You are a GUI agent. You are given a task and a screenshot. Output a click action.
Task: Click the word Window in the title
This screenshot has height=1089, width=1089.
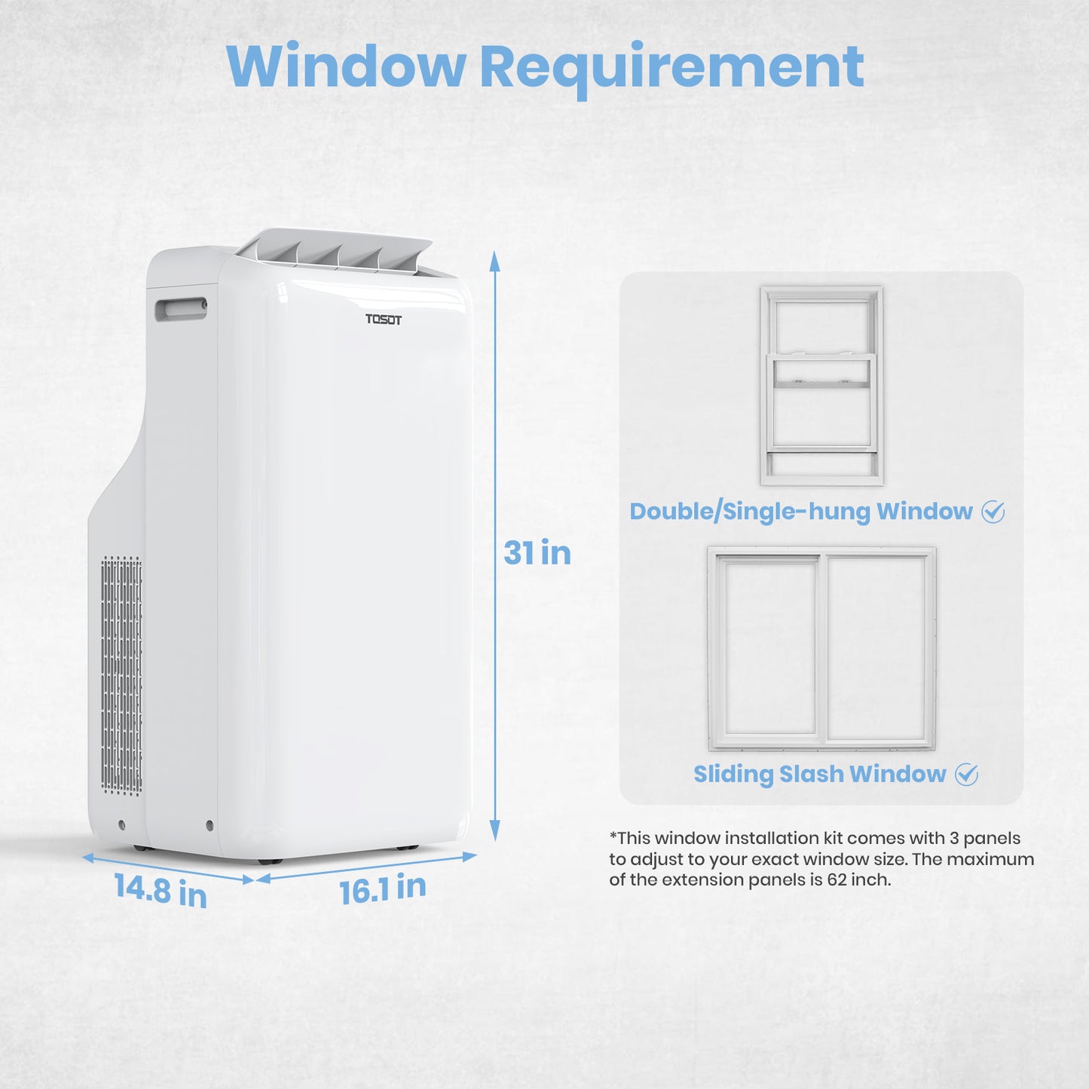click(346, 67)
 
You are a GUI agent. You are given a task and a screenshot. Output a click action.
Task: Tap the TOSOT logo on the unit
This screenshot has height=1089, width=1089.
click(384, 320)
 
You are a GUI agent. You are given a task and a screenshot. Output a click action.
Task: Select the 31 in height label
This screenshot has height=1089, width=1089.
click(537, 553)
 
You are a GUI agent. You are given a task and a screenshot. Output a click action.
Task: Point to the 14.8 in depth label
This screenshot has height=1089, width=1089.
click(161, 891)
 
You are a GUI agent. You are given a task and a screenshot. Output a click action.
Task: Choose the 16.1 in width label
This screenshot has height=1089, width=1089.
click(382, 889)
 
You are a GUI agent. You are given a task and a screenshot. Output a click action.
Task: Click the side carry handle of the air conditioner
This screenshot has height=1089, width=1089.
click(181, 309)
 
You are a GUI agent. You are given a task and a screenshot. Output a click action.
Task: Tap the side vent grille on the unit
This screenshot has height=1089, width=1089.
click(121, 675)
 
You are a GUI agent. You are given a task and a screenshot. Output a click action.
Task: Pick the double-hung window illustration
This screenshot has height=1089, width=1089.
click(821, 385)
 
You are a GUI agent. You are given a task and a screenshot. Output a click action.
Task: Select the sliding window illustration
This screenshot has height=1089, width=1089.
click(821, 648)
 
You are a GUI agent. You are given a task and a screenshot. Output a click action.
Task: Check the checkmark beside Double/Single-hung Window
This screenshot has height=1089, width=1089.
click(993, 512)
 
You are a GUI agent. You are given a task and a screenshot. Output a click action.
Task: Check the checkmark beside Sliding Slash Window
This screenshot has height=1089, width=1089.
click(966, 775)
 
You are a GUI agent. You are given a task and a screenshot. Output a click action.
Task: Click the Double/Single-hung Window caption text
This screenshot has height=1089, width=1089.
click(800, 512)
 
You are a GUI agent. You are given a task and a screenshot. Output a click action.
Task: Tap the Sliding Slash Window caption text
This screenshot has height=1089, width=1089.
click(819, 774)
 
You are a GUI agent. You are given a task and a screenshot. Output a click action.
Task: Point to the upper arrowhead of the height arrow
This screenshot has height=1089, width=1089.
click(495, 261)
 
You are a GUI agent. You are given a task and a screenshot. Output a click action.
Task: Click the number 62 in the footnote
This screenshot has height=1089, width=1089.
click(837, 880)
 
